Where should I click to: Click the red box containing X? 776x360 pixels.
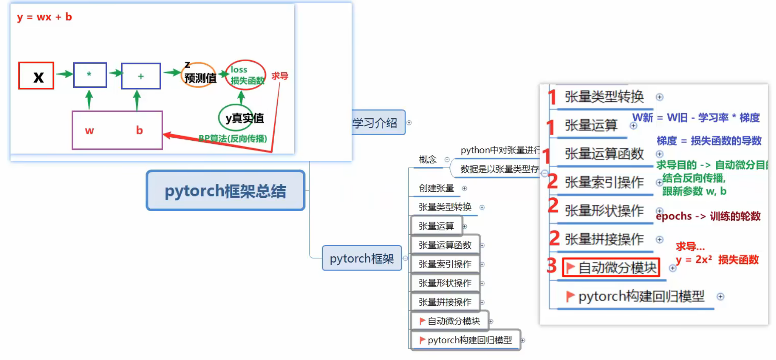click(36, 76)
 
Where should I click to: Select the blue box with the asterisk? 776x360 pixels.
click(90, 75)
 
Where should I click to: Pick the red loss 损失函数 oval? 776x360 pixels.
click(246, 75)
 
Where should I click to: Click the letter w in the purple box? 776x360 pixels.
click(89, 131)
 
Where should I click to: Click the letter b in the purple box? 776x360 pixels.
click(139, 131)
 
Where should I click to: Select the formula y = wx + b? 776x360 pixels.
click(44, 17)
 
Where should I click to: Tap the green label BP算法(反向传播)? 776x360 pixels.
click(233, 138)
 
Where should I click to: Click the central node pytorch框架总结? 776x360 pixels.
click(225, 191)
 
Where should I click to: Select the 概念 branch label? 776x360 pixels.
click(427, 160)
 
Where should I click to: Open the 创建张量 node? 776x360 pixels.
click(436, 188)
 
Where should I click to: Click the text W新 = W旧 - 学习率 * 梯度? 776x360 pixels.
click(695, 118)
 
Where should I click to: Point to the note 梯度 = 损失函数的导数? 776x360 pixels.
click(709, 141)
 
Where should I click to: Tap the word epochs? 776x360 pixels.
click(674, 216)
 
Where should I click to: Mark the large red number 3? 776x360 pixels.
click(552, 266)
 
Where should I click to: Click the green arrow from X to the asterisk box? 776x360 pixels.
click(64, 74)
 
